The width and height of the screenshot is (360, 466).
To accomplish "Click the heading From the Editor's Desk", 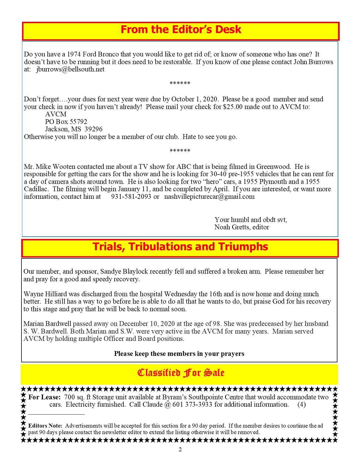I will (181, 30).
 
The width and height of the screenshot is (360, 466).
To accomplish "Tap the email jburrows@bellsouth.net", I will (70, 69).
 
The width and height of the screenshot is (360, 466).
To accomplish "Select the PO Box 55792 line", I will (66, 122).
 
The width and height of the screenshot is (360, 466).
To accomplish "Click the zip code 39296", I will (93, 129).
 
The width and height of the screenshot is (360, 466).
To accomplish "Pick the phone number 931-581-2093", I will (131, 197).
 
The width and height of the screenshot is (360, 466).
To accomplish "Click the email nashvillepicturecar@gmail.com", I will (209, 197).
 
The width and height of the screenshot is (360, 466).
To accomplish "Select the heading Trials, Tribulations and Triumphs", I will (180, 247).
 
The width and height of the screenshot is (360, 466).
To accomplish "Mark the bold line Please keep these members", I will (179, 354).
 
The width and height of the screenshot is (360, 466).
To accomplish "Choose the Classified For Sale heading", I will (181, 373).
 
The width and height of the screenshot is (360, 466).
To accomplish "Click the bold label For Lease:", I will (44, 397).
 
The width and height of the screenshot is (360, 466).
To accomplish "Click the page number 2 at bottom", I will (180, 450).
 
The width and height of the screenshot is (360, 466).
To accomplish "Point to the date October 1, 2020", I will (195, 99).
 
